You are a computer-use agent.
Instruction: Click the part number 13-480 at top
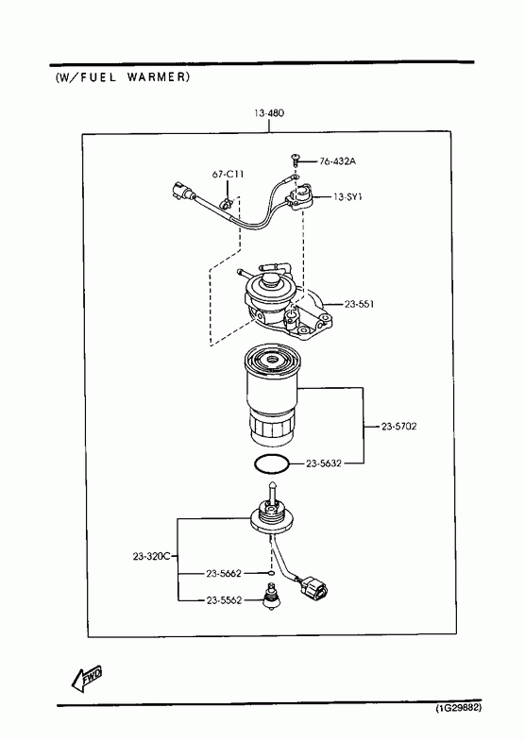[x=269, y=113]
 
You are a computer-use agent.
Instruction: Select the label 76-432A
[x=337, y=161]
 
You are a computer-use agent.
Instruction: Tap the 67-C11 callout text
[x=228, y=175]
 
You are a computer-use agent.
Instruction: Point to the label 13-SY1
[x=347, y=196]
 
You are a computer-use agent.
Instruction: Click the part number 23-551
[x=359, y=304]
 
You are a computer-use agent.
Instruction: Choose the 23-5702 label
[x=399, y=427]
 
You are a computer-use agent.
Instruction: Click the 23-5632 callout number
[x=324, y=463]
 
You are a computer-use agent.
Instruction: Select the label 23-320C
[x=151, y=557]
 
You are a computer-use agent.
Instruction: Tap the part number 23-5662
[x=224, y=574]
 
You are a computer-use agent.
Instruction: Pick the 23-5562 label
[x=224, y=600]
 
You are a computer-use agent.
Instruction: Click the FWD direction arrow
[x=86, y=680]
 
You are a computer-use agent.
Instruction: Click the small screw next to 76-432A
[x=295, y=160]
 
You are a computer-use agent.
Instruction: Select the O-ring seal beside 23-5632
[x=271, y=464]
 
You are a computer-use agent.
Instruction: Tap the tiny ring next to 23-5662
[x=271, y=574]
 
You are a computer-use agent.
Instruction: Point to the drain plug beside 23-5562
[x=271, y=597]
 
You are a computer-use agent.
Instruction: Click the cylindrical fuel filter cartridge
[x=270, y=396]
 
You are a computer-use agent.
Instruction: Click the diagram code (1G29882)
[x=458, y=708]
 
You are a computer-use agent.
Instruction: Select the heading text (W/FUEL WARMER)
[x=123, y=77]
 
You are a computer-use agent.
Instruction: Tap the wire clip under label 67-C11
[x=227, y=205]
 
